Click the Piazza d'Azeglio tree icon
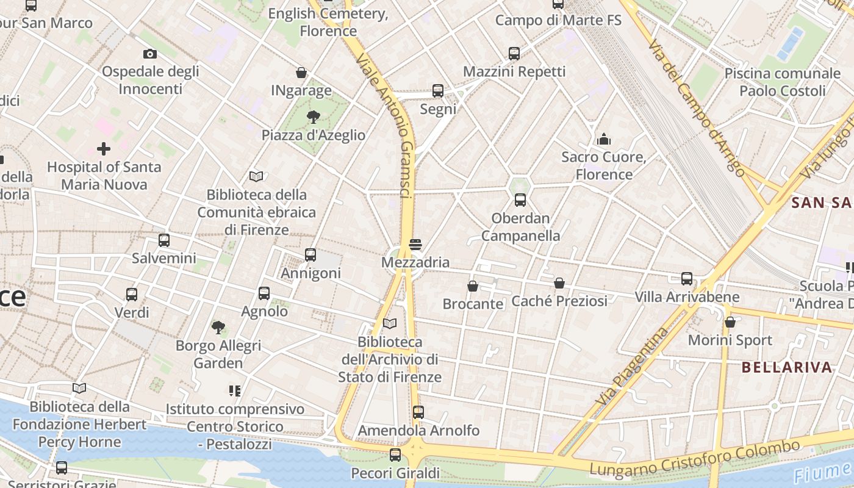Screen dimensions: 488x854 [x=314, y=117]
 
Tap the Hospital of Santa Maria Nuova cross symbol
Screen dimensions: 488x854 [x=104, y=148]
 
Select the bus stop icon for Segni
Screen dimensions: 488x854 [x=437, y=91]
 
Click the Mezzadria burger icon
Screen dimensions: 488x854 [x=415, y=245]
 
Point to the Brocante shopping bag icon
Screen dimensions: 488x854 [x=473, y=285]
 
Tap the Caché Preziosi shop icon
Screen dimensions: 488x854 [x=559, y=283]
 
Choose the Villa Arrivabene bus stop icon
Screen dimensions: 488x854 [x=687, y=279]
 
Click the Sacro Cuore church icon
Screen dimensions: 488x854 [x=604, y=139]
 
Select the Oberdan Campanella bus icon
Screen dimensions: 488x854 [x=520, y=199]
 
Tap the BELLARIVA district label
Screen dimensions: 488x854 [x=787, y=367]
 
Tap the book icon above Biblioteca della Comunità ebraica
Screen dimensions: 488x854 [x=256, y=177]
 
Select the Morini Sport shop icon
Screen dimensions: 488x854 [x=730, y=322]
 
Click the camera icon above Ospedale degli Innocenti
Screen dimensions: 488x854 [x=150, y=54]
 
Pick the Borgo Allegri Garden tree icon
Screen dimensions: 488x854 [x=218, y=328]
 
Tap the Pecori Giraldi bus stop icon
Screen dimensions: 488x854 [x=395, y=454]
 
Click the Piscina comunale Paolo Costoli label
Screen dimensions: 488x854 [x=782, y=82]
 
